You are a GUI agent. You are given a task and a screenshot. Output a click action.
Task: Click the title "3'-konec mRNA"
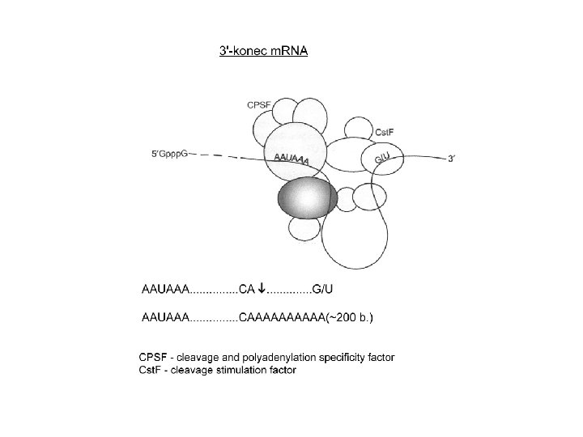[264, 50]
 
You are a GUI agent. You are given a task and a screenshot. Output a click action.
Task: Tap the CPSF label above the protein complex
[260, 103]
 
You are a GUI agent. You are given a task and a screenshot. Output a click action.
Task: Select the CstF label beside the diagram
[385, 132]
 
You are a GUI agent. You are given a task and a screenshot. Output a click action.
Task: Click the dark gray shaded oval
[308, 198]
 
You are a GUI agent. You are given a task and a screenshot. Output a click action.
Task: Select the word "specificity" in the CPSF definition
[351, 356]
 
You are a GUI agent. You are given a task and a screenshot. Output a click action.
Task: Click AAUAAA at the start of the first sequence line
[165, 287]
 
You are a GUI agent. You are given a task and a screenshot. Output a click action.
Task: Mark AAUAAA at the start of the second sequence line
[165, 318]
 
